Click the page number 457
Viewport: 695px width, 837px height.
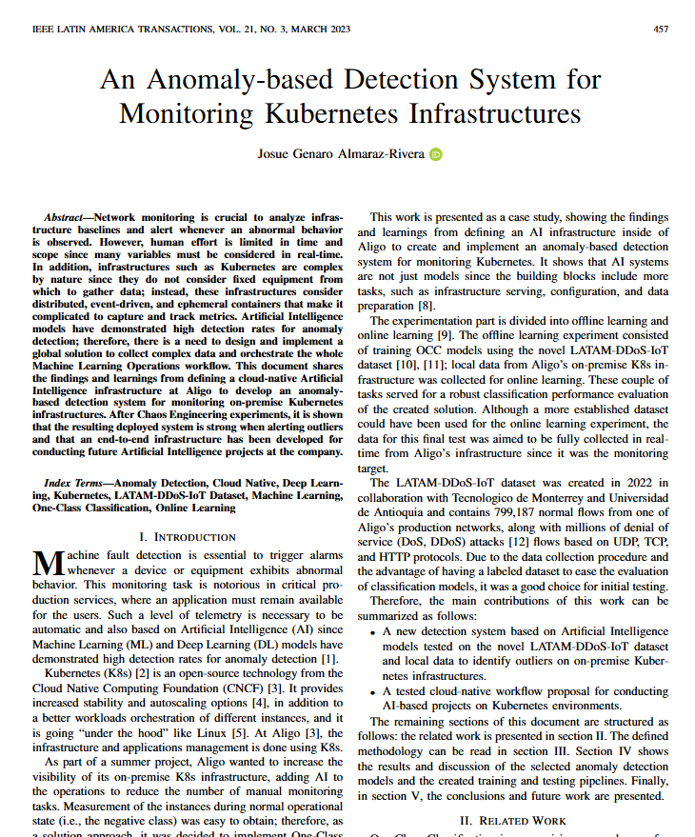coord(661,30)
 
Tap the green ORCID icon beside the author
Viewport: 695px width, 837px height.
coord(436,154)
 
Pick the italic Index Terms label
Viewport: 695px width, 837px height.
coord(77,483)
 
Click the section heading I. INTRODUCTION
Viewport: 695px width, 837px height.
coord(182,537)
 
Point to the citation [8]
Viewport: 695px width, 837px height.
coord(426,306)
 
